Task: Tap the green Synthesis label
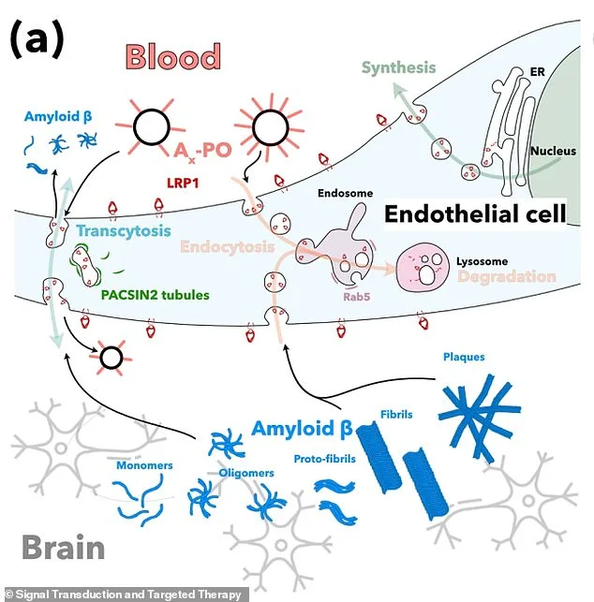coord(399,67)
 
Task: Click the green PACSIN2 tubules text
coord(141,295)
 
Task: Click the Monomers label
coord(144,464)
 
